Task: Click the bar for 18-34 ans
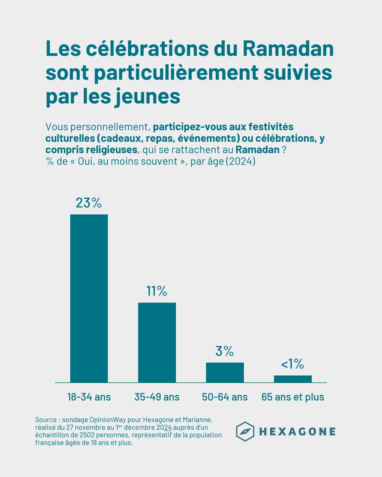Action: pyautogui.click(x=89, y=298)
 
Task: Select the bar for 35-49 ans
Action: pyautogui.click(x=157, y=342)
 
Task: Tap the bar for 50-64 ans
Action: pyautogui.click(x=225, y=372)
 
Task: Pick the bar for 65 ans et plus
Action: pyautogui.click(x=292, y=379)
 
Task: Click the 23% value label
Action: pyautogui.click(x=89, y=203)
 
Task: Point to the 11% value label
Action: pyautogui.click(x=157, y=291)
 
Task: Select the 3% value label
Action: pyautogui.click(x=225, y=351)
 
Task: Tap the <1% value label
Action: pyautogui.click(x=292, y=364)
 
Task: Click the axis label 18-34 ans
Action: pyautogui.click(x=89, y=397)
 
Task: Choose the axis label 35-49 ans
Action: pyautogui.click(x=157, y=397)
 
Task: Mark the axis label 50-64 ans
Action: pyautogui.click(x=225, y=397)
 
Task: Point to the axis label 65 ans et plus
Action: pyautogui.click(x=292, y=397)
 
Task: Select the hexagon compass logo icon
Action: pyautogui.click(x=245, y=432)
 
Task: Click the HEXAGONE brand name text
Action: pyautogui.click(x=297, y=432)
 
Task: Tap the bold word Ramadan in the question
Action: pyautogui.click(x=257, y=150)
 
